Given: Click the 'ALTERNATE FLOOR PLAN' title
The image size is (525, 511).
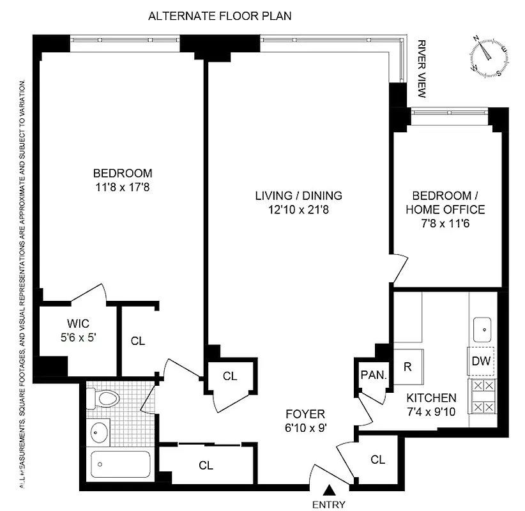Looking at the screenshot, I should pos(220,16).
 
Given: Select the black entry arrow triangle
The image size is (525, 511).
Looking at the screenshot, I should pos(330,491).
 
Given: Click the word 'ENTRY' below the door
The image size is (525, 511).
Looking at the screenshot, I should pos(329,505).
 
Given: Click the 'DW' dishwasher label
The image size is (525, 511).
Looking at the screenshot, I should pos(481,361).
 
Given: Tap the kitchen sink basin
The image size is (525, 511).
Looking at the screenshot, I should pos(483,330).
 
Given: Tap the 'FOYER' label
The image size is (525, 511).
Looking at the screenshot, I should pos(305,413).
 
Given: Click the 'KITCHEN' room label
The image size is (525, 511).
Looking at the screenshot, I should pos(431,397).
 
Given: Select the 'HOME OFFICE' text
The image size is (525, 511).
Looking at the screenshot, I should pos(448,210).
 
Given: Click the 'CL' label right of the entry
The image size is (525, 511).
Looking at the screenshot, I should pos(377,459).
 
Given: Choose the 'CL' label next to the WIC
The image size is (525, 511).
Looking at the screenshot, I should pos(138,341).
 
